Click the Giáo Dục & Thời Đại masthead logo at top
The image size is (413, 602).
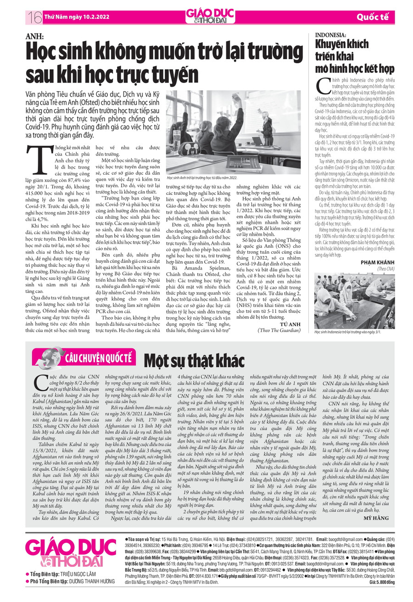[x=207, y=17]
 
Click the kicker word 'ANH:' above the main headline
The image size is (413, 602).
[x=34, y=36]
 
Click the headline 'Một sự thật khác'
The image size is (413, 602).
[x=194, y=361]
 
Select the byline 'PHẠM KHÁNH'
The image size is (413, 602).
[x=377, y=262]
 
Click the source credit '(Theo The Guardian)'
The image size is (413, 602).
[x=279, y=330]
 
